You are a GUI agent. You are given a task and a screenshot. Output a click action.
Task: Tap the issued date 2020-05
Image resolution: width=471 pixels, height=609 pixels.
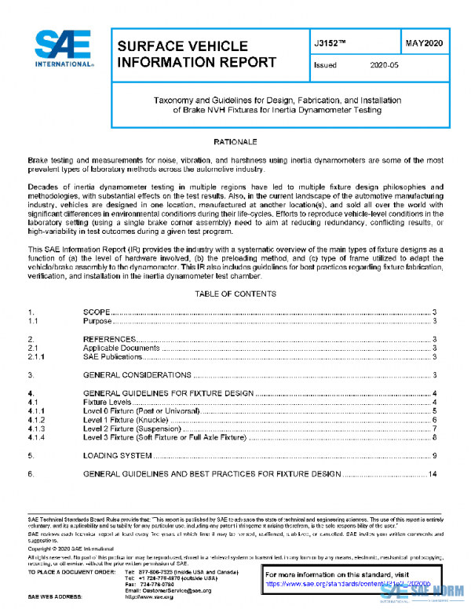coord(384,66)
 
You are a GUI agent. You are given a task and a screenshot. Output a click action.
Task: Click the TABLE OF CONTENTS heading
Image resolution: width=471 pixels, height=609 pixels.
coord(235,294)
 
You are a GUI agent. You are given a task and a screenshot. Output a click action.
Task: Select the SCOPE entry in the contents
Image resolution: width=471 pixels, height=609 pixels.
coord(97,312)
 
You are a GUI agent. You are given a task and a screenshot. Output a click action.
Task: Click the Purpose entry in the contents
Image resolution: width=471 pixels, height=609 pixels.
coord(99,321)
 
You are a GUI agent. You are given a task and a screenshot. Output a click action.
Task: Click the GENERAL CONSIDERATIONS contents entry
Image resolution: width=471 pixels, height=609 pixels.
coord(137,376)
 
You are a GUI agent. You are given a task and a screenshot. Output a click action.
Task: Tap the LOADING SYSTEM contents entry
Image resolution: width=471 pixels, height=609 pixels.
coord(117,455)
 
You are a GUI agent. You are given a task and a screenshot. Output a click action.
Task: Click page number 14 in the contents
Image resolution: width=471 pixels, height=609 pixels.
coord(433,474)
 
